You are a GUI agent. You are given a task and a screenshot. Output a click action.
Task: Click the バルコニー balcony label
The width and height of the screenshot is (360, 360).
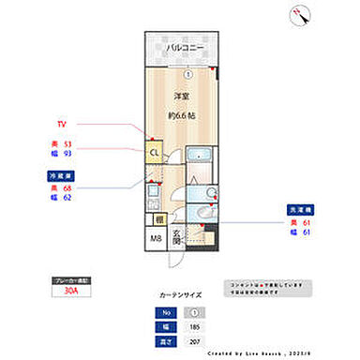coord(185,48)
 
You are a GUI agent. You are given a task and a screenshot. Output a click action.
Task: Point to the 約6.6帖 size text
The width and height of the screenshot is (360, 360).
coord(183,115)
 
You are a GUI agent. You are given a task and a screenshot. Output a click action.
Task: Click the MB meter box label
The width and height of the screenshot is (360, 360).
coord(155,236)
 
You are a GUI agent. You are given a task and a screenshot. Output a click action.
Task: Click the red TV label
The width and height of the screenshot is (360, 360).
coord(62,123)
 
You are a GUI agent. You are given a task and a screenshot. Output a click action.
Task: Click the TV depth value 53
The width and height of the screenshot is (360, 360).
coord(67,144)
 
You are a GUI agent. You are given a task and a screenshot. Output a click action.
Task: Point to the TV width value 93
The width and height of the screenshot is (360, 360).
coord(67,155)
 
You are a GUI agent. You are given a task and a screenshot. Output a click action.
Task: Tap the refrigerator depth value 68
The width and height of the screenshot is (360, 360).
coord(67,188)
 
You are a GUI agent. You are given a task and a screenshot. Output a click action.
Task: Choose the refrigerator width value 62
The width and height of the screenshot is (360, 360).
coord(67,199)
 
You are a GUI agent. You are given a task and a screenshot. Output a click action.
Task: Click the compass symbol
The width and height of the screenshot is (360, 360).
coord(301,13)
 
